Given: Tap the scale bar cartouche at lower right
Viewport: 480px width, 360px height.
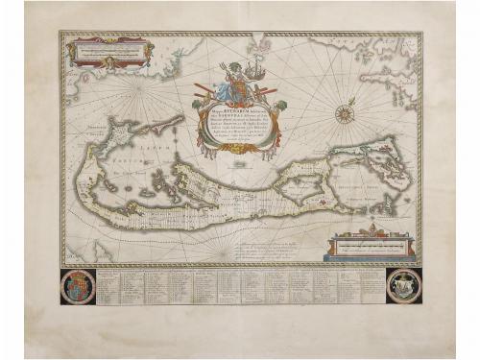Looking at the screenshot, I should [x=372, y=247].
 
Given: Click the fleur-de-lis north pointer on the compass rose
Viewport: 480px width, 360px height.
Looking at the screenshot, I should [x=343, y=103].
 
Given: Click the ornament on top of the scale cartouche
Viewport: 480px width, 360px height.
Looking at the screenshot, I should [x=372, y=229].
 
